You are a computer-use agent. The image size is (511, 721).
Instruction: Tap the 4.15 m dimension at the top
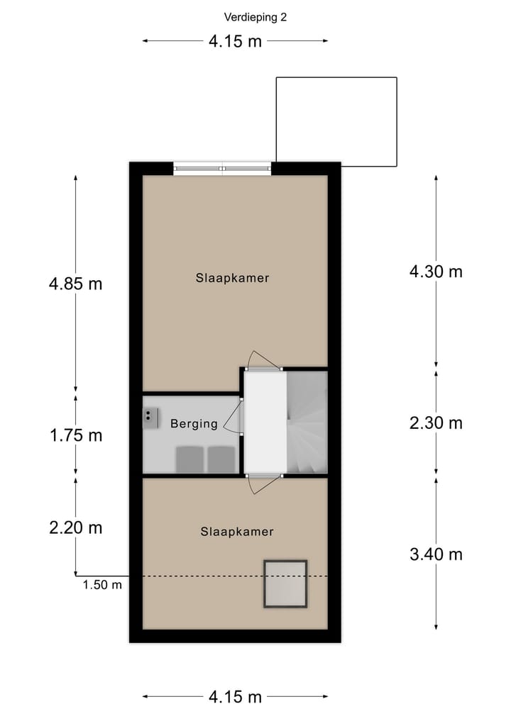235,41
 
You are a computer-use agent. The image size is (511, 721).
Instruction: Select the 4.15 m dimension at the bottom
235,697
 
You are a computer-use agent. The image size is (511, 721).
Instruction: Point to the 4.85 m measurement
75,284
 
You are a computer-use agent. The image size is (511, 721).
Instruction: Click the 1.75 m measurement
75,435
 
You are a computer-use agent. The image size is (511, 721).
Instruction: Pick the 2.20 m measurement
75,527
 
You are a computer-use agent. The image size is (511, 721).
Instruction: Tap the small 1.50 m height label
102,585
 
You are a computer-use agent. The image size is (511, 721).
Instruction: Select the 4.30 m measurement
436,271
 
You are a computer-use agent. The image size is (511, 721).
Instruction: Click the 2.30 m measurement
436,423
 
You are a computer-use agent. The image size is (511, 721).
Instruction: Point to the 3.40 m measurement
436,554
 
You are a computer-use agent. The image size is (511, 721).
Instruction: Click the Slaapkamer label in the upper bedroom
233,278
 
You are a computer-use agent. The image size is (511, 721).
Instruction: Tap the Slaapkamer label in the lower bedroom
237,531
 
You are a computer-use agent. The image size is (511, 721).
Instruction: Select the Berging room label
194,424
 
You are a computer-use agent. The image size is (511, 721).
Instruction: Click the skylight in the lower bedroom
285,583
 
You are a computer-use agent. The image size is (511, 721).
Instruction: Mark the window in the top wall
222,169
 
